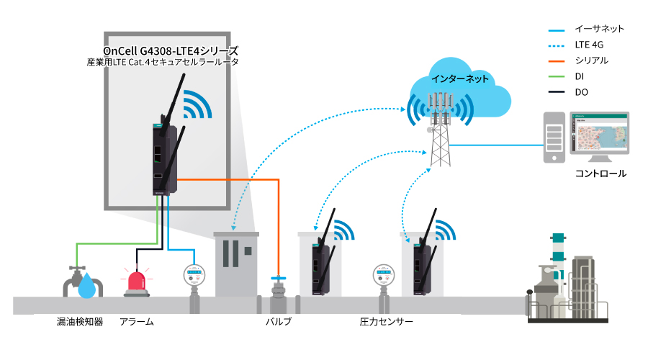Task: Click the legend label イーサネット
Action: [x=599, y=30]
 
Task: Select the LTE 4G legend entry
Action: [x=590, y=45]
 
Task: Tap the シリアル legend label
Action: [x=591, y=61]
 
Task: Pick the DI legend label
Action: [x=580, y=76]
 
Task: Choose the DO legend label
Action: [x=582, y=92]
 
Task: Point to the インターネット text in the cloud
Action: [x=459, y=78]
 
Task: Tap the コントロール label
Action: [x=600, y=174]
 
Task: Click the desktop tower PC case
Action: [x=553, y=137]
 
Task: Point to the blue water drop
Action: [x=87, y=285]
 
